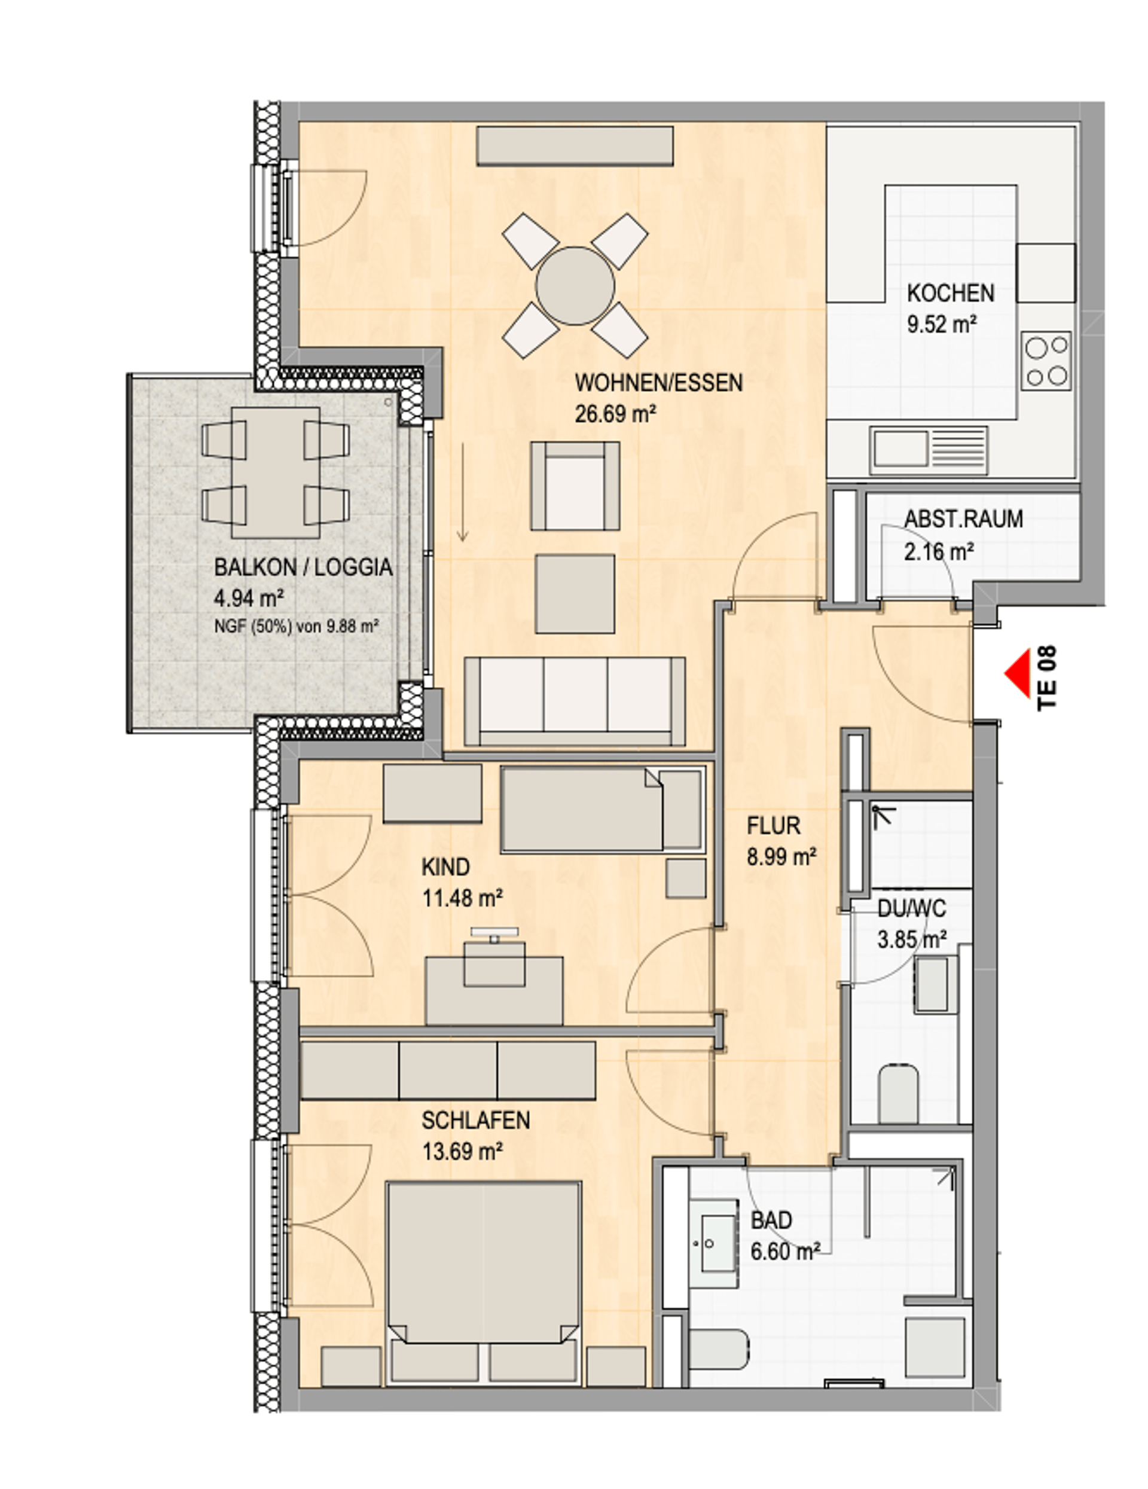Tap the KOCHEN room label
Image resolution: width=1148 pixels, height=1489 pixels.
coord(949,293)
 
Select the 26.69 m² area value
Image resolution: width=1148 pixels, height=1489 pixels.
coord(615,414)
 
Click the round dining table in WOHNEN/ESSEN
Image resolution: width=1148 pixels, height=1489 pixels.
coord(575,286)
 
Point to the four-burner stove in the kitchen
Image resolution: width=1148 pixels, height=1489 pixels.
coord(1046,361)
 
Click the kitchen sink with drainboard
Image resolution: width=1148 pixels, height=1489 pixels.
coord(929,450)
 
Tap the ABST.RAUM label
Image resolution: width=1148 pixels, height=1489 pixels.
coord(963,519)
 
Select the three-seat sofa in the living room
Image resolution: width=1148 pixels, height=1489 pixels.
coord(575,701)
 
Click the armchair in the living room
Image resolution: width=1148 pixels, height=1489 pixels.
coord(575,486)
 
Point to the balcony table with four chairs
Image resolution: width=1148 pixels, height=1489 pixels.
coord(276,472)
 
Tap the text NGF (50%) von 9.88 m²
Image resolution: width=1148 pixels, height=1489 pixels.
coord(297,626)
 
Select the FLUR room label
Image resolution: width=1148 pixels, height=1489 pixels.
coord(773,826)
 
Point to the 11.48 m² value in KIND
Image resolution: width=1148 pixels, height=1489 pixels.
coord(462,898)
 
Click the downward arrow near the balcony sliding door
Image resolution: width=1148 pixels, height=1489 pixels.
coord(462,492)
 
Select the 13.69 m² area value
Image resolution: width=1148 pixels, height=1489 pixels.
coord(462,1152)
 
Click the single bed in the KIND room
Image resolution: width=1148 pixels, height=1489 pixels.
coord(603,809)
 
